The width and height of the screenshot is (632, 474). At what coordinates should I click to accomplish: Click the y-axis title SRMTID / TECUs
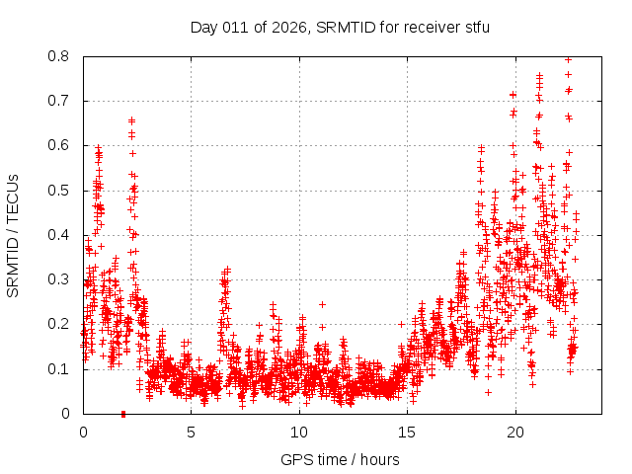13,235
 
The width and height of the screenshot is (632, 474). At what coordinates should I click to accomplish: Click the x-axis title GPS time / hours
341,459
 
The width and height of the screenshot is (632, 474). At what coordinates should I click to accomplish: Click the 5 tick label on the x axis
192,432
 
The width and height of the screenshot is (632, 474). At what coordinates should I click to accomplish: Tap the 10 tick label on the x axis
299,432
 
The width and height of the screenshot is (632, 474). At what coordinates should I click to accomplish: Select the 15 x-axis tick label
407,432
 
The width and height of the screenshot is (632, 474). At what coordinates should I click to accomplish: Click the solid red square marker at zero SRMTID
123,414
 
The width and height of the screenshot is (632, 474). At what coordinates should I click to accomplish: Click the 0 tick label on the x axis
83,432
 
